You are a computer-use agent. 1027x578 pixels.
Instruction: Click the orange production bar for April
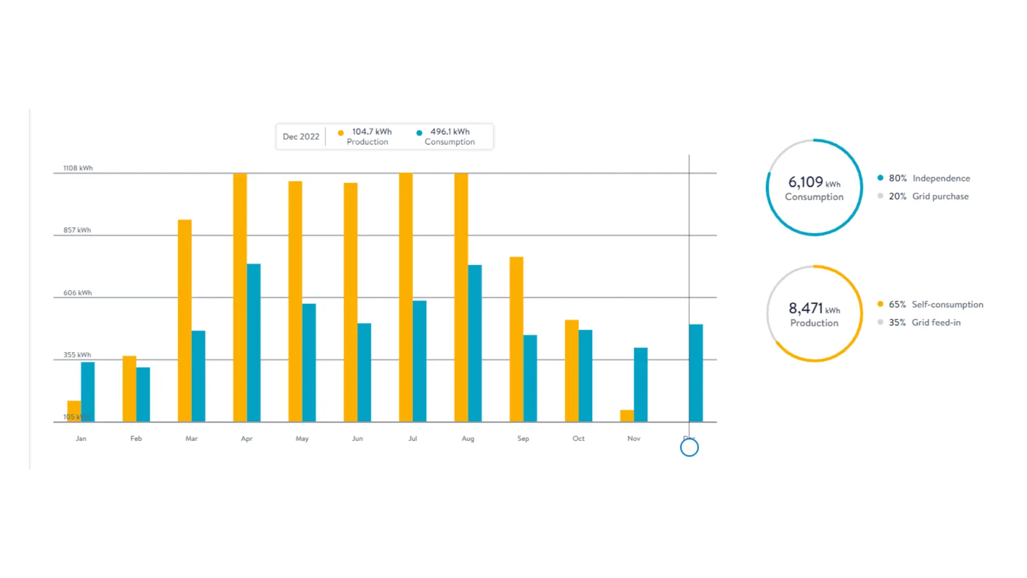(240, 297)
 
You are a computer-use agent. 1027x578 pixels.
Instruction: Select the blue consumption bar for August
(474, 343)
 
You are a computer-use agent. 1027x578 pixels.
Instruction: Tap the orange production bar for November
(627, 416)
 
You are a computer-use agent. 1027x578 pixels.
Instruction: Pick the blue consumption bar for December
(696, 372)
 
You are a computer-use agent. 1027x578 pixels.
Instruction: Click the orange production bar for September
(516, 339)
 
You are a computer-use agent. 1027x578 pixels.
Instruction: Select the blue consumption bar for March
(198, 376)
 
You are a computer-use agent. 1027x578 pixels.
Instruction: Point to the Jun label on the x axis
(357, 438)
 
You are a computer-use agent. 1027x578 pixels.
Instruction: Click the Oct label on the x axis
(578, 438)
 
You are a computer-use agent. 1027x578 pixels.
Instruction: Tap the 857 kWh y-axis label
(77, 230)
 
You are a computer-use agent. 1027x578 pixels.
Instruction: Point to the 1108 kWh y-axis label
(78, 168)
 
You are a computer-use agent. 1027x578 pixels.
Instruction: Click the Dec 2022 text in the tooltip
(301, 136)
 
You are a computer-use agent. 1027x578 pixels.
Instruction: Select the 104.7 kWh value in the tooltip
(372, 132)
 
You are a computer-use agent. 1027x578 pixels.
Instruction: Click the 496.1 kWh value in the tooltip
(450, 132)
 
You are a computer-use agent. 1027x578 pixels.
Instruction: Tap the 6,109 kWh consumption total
(814, 182)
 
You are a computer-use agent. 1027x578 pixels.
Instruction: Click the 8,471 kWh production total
(814, 309)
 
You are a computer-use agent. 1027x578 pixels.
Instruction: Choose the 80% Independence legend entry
(929, 178)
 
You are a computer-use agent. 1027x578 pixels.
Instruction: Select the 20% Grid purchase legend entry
(929, 196)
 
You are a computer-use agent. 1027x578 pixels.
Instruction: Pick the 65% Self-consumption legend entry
(936, 305)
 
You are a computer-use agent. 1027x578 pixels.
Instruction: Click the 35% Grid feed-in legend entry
(924, 323)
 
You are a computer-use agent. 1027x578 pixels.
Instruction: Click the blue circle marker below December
(689, 447)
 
